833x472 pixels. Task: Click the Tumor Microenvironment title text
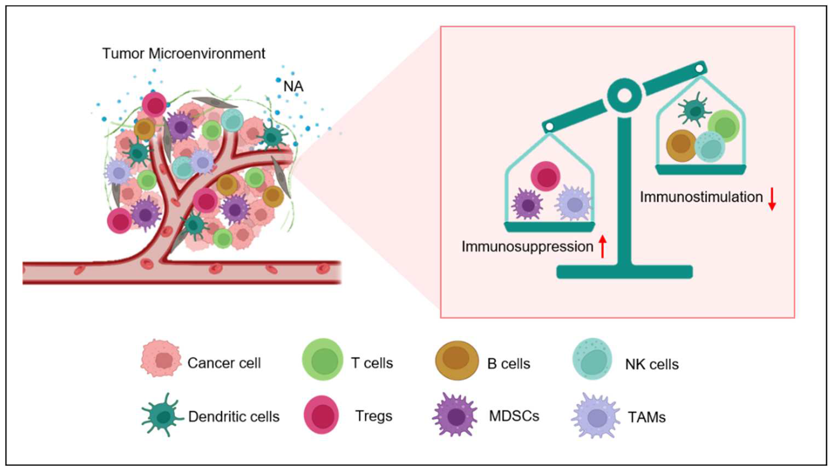click(184, 54)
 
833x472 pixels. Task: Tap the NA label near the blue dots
click(293, 87)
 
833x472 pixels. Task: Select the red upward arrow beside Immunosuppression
click(602, 246)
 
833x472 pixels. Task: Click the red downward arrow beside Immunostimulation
click(772, 199)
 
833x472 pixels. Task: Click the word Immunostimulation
click(701, 197)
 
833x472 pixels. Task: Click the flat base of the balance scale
click(625, 272)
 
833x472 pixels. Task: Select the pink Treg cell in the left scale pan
click(546, 176)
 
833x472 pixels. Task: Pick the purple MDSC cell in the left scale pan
click(528, 204)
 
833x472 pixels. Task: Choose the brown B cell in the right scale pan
click(681, 146)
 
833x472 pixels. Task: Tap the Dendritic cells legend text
click(234, 417)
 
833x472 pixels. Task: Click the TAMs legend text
click(647, 417)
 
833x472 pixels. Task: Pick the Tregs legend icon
click(321, 415)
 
